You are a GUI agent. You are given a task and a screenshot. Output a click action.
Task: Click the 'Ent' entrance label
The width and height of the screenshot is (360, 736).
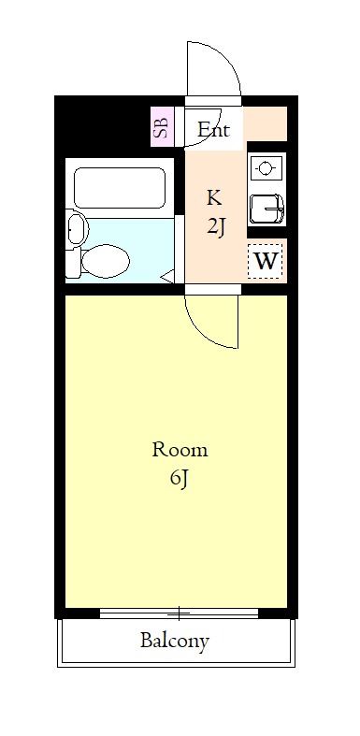213,131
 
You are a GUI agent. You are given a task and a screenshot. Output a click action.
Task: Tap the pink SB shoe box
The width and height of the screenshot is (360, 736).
162,128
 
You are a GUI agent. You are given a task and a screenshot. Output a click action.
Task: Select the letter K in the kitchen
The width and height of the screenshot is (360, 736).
214,197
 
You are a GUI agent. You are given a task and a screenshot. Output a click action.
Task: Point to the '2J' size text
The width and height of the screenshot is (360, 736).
216,226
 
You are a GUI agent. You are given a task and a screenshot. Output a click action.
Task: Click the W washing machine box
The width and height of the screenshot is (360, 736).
266,261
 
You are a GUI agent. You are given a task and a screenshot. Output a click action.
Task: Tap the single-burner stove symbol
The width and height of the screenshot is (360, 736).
266,169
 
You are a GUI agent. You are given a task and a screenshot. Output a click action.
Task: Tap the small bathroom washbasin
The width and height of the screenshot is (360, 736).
75,229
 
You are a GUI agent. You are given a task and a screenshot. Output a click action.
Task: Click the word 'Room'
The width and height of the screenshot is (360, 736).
180,450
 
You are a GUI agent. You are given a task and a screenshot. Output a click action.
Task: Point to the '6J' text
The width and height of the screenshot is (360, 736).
180,480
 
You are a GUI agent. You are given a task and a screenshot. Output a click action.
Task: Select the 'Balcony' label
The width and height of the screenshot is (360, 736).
175,642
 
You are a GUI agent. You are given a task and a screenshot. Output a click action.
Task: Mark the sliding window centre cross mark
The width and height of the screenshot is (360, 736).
179,613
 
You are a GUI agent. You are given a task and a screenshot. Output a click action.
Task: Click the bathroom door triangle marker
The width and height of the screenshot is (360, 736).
166,276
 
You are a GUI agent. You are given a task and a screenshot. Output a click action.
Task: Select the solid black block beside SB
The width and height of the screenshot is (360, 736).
103,125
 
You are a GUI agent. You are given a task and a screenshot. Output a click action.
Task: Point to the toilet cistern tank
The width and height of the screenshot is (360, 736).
72,261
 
